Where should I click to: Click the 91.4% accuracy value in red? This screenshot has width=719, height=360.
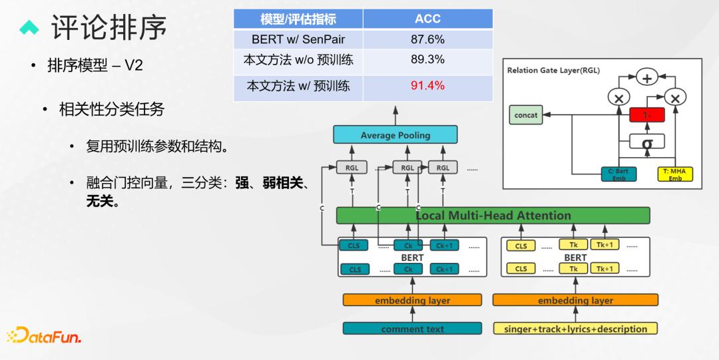click(427, 86)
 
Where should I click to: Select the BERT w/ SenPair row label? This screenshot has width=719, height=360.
click(298, 39)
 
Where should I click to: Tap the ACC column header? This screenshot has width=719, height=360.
click(427, 19)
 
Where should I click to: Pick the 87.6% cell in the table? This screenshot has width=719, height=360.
click(427, 39)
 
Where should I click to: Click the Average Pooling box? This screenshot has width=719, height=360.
click(395, 135)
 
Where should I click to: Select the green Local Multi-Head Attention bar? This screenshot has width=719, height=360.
click(493, 216)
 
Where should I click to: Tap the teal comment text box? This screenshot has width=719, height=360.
click(412, 329)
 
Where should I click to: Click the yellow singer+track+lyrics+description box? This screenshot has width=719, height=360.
click(575, 329)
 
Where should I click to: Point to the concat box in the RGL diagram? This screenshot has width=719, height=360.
click(526, 115)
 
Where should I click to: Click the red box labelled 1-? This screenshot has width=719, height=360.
click(646, 115)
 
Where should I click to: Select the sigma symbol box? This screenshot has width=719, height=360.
click(646, 142)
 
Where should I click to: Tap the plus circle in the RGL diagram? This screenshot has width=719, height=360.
click(646, 78)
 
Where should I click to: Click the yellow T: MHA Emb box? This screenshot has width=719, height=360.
click(675, 174)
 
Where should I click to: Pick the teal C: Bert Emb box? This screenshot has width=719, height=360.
click(618, 174)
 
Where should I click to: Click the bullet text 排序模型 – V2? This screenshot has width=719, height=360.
click(95, 66)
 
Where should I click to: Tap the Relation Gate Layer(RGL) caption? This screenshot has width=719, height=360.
click(553, 70)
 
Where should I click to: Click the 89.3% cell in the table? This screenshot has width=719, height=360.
click(427, 59)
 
